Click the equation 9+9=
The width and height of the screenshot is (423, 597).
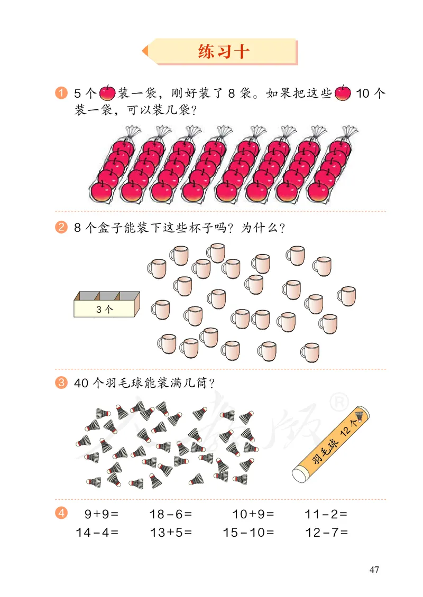101,514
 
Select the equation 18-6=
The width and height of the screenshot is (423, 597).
170,514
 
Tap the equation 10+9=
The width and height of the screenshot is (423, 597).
253,514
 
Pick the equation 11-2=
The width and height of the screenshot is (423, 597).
326,514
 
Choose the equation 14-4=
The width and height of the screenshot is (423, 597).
97,533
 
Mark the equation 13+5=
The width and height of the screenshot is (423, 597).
170,533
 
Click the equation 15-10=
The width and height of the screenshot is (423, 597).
249,533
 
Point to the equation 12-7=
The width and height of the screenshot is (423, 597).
326,533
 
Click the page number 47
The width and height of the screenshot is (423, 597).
374,570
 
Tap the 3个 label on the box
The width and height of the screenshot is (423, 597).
104,310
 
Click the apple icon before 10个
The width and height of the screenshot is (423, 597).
343,94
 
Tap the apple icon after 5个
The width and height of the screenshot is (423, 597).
107,94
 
